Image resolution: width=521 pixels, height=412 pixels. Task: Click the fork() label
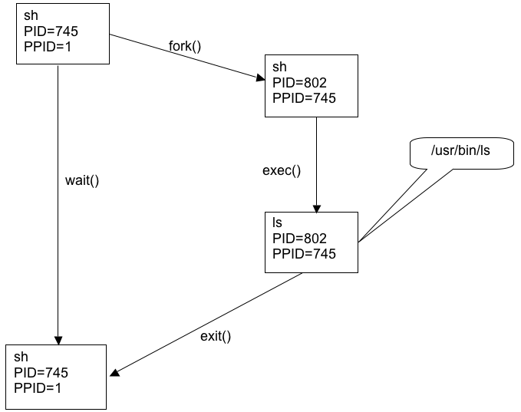tap(185, 45)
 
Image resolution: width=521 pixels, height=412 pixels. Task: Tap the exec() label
tap(282, 170)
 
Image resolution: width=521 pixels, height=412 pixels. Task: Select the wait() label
tap(84, 182)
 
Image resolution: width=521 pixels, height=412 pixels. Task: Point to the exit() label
tap(216, 335)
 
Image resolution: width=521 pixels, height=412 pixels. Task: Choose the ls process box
tap(312, 242)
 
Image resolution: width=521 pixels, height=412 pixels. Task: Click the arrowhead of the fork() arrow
tap(259, 77)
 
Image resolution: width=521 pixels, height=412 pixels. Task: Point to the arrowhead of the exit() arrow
tap(114, 374)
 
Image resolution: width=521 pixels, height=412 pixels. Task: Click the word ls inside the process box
tap(278, 222)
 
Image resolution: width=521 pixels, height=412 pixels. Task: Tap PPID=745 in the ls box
tap(304, 253)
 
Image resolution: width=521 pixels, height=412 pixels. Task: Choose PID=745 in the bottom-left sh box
tap(41, 373)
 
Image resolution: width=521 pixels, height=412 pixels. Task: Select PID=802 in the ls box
tap(300, 238)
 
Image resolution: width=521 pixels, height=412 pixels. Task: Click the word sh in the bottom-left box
tap(21, 358)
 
